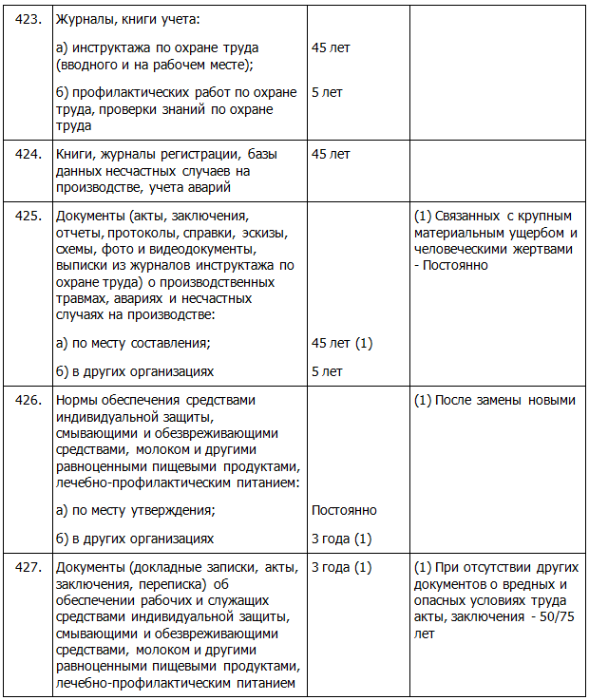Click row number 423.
28,19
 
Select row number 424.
28,154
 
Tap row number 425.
28,216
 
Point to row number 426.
28,400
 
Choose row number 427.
28,567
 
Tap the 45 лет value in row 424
331,154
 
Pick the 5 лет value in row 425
327,371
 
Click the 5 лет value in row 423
327,92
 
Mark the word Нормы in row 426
78,400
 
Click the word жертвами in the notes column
536,249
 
